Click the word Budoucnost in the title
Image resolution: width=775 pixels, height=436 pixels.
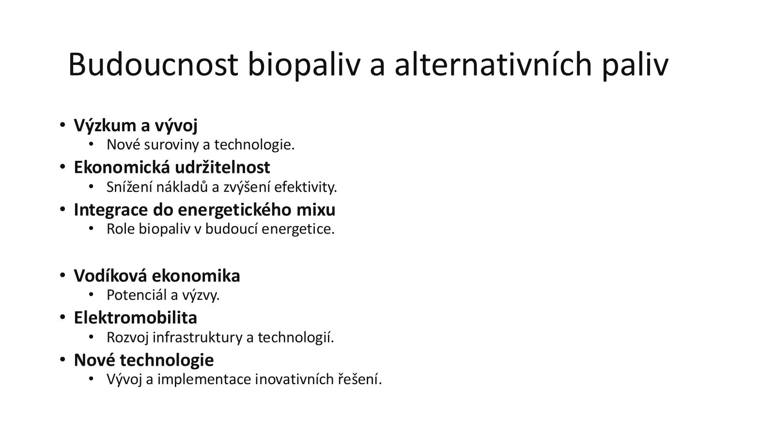(153, 64)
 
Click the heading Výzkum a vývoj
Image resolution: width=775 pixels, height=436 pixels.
(136, 125)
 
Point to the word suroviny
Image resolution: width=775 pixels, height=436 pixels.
(171, 145)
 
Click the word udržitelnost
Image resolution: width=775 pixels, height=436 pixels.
(222, 167)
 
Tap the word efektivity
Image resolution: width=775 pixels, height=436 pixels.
(306, 187)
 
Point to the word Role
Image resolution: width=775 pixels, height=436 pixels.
(121, 229)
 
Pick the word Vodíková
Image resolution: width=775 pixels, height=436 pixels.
(110, 276)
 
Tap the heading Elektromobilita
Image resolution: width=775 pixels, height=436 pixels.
(135, 318)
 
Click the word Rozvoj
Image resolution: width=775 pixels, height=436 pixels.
(128, 338)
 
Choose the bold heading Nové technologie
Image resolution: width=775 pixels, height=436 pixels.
(143, 360)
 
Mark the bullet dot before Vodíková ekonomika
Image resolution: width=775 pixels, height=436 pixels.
(62, 275)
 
